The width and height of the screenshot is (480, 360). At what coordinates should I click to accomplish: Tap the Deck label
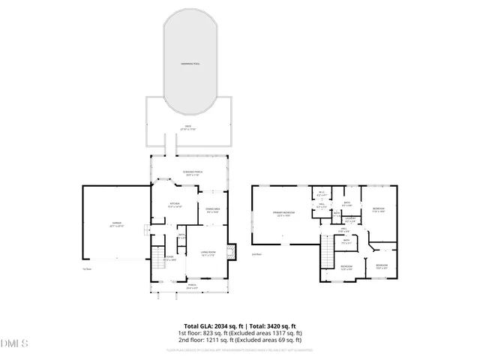[188, 127]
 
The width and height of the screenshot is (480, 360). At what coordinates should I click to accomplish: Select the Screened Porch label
[189, 173]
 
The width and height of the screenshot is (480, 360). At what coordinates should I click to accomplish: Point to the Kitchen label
[175, 204]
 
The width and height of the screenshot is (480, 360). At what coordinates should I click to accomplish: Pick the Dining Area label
[212, 210]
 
